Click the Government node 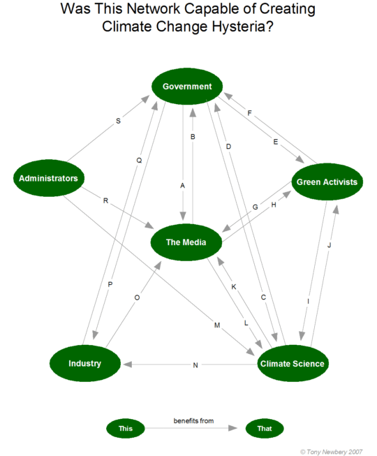pyautogui.click(x=187, y=87)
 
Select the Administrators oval pyautogui.click(x=49, y=178)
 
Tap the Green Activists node pyautogui.click(x=327, y=182)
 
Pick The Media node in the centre pyautogui.click(x=186, y=242)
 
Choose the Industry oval pyautogui.click(x=84, y=363)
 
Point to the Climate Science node pyautogui.click(x=292, y=363)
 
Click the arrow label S pyautogui.click(x=117, y=122)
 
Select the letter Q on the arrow pyautogui.click(x=139, y=160)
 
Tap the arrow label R pyautogui.click(x=105, y=201)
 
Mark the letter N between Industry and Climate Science pyautogui.click(x=196, y=365)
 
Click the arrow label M pyautogui.click(x=217, y=325)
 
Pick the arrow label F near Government pyautogui.click(x=249, y=112)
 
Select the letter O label pyautogui.click(x=137, y=297)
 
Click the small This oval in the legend pyautogui.click(x=126, y=428)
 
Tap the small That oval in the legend pyautogui.click(x=265, y=428)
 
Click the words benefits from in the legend pyautogui.click(x=193, y=421)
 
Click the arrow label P pyautogui.click(x=110, y=284)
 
